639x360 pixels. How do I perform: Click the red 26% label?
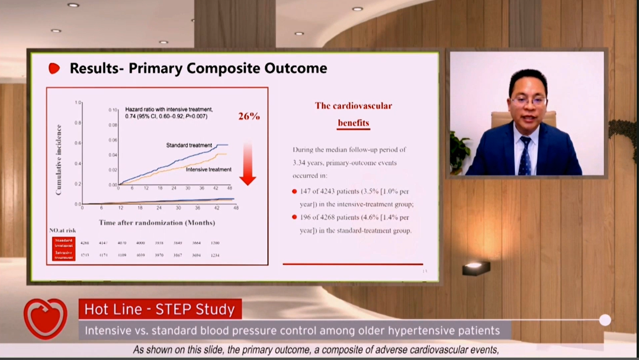click(249, 116)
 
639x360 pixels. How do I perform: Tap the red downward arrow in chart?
click(248, 163)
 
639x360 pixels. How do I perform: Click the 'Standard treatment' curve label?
click(189, 145)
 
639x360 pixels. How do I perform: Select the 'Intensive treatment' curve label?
click(208, 169)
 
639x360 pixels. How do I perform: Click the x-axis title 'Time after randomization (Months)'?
click(157, 223)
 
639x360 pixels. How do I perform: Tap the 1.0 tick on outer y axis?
click(78, 102)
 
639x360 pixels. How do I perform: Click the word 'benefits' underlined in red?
click(353, 123)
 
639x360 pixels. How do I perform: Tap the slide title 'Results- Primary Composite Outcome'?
click(198, 68)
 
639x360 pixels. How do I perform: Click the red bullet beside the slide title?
click(54, 69)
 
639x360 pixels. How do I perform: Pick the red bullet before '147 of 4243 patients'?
click(294, 191)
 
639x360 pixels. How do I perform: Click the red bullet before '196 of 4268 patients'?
click(294, 217)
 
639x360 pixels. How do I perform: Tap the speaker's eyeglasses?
click(528, 101)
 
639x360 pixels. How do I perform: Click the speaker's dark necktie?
click(525, 155)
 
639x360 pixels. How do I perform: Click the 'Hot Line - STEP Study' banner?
click(160, 309)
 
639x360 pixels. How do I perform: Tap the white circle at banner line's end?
click(605, 320)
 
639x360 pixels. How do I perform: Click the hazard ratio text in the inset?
click(169, 112)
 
